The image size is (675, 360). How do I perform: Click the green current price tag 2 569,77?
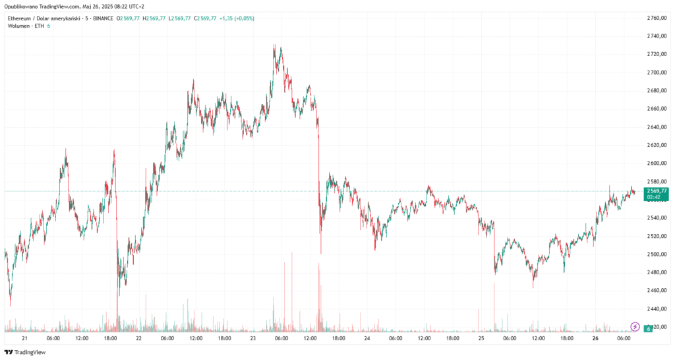[653, 191]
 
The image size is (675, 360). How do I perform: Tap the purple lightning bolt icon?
[635, 326]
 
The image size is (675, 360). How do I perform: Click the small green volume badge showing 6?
[649, 328]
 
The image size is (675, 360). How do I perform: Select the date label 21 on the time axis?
[24, 338]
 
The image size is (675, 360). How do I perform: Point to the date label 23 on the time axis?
[252, 338]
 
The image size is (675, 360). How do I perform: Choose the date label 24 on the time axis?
[367, 338]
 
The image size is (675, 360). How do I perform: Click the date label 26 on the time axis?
[596, 338]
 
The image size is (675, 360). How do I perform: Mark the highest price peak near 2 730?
[274, 45]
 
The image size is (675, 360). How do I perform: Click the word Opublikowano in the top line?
[22, 7]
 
